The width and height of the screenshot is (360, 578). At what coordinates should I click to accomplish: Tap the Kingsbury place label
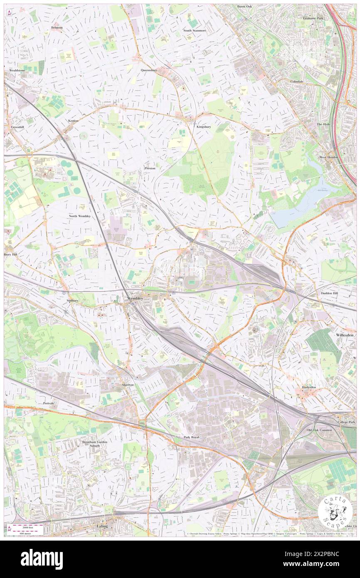[204, 126]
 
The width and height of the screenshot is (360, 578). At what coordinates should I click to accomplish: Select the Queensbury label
[149, 70]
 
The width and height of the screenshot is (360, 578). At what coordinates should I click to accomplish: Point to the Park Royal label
[192, 437]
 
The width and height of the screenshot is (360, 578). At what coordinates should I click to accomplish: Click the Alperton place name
[128, 385]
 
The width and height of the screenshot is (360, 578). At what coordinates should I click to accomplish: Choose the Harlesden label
[310, 387]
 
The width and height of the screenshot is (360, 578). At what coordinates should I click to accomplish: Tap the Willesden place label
[344, 334]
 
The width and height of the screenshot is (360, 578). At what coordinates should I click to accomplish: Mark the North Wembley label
[80, 216]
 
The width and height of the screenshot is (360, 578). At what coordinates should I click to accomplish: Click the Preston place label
[150, 168]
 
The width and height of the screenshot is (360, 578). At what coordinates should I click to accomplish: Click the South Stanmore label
[195, 30]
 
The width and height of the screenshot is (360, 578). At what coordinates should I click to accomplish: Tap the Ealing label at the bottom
[102, 526]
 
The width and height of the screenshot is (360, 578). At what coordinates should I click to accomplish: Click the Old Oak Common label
[319, 430]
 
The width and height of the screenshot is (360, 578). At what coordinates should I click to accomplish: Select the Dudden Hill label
[331, 293]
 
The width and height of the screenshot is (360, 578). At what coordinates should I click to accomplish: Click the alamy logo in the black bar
[42, 559]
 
